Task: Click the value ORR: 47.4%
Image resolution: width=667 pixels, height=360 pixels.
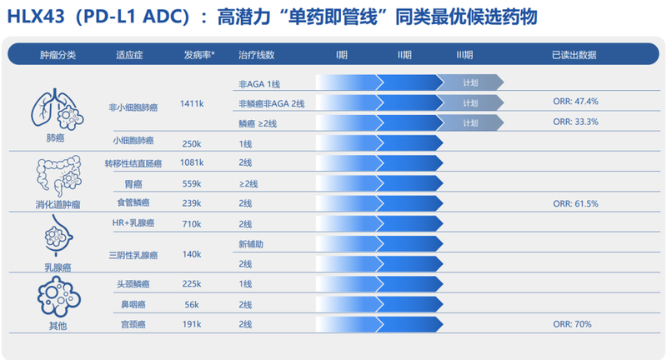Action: click(x=575, y=101)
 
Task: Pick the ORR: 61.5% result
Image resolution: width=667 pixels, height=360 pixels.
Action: click(x=575, y=202)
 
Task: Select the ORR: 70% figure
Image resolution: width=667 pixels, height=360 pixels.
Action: click(x=571, y=324)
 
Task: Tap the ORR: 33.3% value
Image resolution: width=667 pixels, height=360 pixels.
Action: click(x=575, y=122)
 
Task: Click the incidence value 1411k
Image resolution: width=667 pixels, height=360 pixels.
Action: click(x=192, y=103)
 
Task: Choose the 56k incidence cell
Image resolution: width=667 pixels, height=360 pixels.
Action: click(x=192, y=304)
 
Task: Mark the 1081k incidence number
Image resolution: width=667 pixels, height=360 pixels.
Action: click(x=192, y=162)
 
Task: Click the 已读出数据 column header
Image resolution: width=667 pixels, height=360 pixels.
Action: click(x=574, y=54)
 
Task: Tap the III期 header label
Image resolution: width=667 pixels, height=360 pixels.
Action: click(x=464, y=54)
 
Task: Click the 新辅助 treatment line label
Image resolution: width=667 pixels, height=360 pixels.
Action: click(x=251, y=243)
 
